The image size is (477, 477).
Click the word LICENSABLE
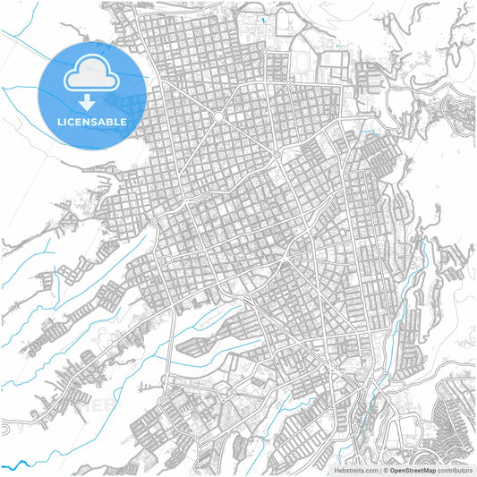click(92, 121)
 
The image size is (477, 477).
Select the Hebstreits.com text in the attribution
click(355, 470)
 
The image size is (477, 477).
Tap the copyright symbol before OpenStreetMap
click(385, 470)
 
